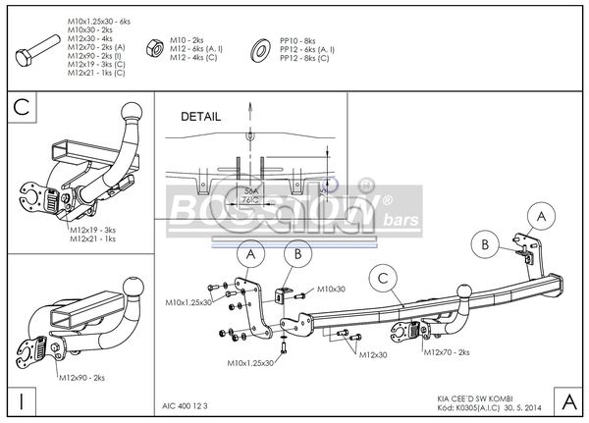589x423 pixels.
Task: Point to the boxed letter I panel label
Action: [x=21, y=401]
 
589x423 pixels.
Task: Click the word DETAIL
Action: [x=201, y=116]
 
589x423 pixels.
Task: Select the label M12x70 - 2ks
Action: [x=449, y=351]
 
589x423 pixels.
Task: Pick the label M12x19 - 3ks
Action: [x=92, y=230]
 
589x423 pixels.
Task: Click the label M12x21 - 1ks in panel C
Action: [x=92, y=238]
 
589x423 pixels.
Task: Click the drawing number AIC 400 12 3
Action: [x=187, y=402]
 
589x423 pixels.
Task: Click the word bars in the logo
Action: [x=402, y=220]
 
